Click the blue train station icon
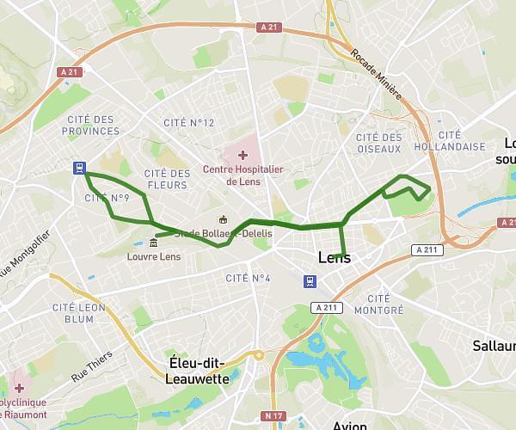click(79, 169)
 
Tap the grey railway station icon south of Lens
click(309, 281)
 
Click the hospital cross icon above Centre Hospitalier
click(243, 155)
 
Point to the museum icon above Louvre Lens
click(153, 243)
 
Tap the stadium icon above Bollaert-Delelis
click(224, 218)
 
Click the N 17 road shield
click(274, 416)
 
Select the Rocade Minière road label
click(376, 74)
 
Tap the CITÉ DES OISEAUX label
click(378, 143)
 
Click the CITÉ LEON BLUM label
click(73, 312)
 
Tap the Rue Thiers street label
click(91, 369)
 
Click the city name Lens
click(335, 257)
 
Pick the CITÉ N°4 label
click(248, 278)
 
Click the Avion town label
click(349, 425)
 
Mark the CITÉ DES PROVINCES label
click(90, 125)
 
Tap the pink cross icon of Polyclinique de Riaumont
click(19, 388)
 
